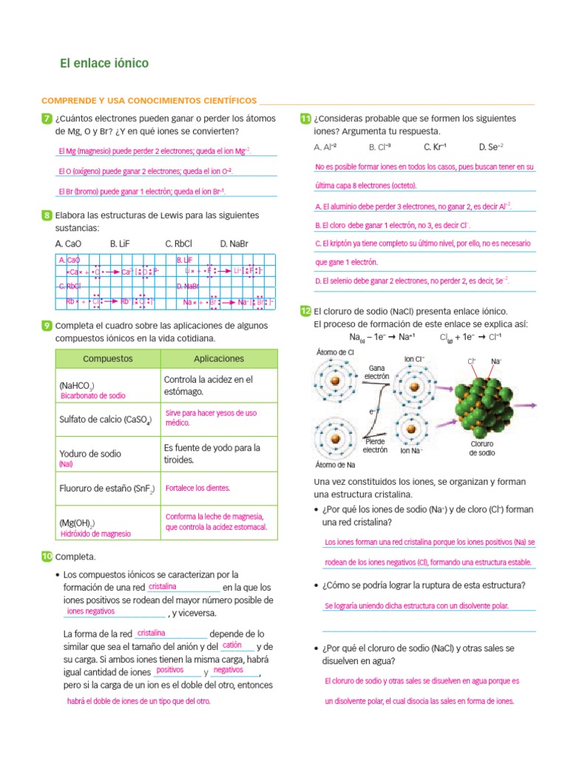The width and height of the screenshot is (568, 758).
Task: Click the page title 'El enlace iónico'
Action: coord(104,64)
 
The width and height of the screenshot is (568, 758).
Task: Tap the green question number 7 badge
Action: coord(47,118)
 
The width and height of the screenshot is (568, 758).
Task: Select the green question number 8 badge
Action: coord(47,215)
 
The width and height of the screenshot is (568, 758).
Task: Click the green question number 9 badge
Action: coord(47,326)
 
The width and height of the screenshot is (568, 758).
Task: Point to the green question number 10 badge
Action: coord(47,556)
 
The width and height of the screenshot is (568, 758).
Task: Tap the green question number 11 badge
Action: coord(305,118)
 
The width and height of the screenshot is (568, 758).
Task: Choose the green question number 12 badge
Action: coord(305,312)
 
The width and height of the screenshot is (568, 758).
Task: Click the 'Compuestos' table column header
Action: coord(108,358)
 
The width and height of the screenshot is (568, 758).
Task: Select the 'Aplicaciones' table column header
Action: coord(218,358)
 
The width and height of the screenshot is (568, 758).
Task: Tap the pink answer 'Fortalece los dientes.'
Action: coord(197,489)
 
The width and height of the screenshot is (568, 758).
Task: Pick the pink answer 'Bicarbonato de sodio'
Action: coord(92,396)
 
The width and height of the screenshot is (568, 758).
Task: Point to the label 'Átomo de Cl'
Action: coord(335,352)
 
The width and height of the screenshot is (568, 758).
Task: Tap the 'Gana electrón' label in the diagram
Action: coord(376,372)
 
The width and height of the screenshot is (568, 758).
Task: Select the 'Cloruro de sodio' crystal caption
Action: coord(482,448)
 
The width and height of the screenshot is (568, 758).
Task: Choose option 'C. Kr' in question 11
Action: coord(435,147)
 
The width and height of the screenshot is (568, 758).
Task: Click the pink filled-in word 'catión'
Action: coord(232,645)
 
